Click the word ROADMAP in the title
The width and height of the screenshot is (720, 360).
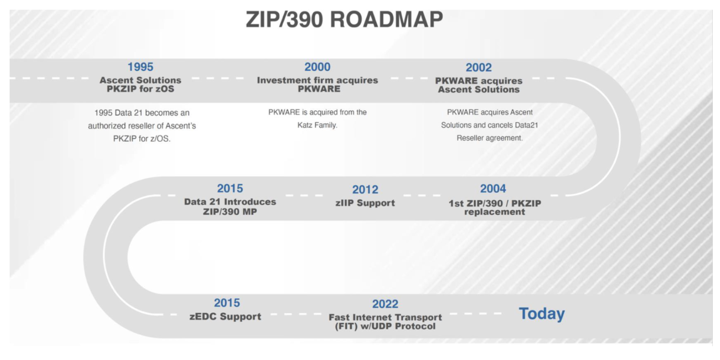click(x=386, y=20)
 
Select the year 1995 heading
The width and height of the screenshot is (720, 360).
click(x=140, y=67)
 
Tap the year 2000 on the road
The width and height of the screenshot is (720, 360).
click(x=317, y=67)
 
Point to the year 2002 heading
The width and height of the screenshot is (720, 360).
click(x=478, y=68)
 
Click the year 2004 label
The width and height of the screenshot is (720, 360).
click(x=493, y=188)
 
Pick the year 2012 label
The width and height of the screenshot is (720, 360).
click(x=365, y=190)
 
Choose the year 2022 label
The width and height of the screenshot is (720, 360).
click(x=385, y=304)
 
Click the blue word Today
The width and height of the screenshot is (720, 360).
click(x=542, y=314)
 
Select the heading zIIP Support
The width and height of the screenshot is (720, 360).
click(x=365, y=203)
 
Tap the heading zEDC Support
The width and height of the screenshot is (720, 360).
click(x=225, y=316)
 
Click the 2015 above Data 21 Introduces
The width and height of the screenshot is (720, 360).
click(x=230, y=188)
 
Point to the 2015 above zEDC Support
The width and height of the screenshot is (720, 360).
click(x=227, y=303)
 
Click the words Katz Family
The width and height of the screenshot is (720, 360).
click(x=317, y=125)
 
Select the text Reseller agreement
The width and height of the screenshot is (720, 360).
click(x=490, y=138)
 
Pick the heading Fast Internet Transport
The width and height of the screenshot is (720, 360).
click(x=385, y=317)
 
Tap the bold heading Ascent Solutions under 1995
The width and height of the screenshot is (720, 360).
click(x=140, y=80)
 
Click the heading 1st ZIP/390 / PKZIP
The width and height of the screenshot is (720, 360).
click(x=494, y=203)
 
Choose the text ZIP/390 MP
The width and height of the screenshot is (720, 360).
click(x=230, y=212)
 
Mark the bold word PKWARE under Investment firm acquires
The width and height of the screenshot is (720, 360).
click(x=319, y=89)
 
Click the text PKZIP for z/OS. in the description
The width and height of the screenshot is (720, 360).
click(x=142, y=139)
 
